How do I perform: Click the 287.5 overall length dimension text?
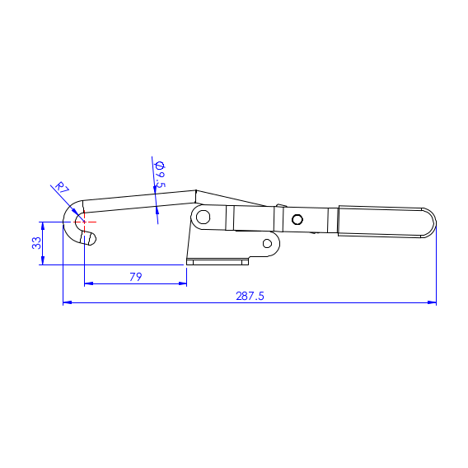tap(250, 296)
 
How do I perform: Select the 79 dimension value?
tap(136, 277)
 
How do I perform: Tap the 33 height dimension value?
tap(36, 243)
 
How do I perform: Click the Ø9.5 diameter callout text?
tap(160, 175)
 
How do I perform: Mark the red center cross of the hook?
tap(83, 221)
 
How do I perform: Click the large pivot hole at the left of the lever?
tap(202, 218)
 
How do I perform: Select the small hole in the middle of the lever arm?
tap(297, 219)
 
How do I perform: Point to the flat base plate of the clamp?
tap(218, 262)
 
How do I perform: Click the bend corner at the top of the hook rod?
tap(195, 191)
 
